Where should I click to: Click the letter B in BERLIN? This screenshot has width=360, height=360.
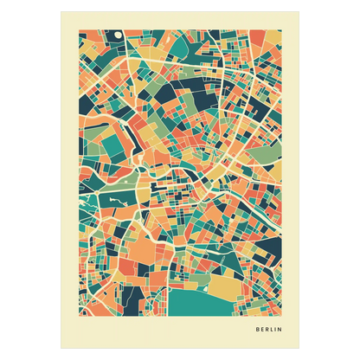tap(258, 330)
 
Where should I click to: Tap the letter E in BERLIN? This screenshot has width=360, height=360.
tap(264, 330)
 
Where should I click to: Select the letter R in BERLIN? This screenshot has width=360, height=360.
tap(270, 330)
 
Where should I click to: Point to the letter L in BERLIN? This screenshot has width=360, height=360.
tap(276, 330)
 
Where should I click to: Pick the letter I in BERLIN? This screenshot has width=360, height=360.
tap(281, 330)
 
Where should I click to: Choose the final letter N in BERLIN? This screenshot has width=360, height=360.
tap(287, 330)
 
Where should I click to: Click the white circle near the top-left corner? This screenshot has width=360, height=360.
tap(116, 35)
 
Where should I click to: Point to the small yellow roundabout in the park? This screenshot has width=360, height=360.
tap(138, 183)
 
